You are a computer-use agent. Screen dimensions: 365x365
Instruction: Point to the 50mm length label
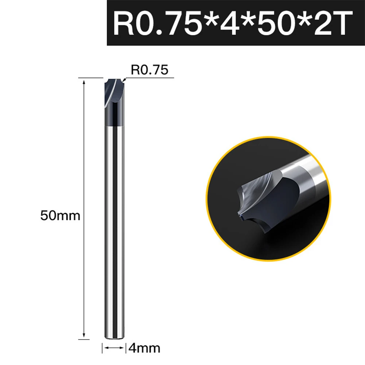[60, 215]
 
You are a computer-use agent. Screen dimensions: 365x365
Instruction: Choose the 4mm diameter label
[144, 348]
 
